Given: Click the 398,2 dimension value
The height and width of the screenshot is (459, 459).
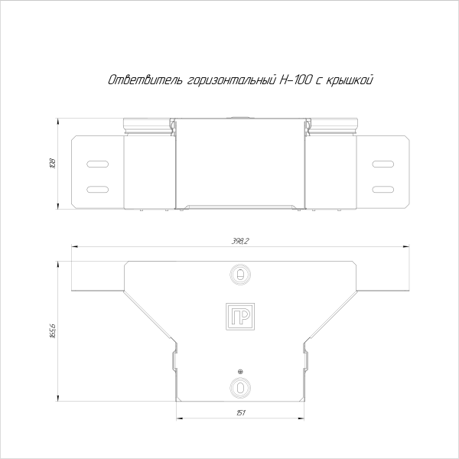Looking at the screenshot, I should [x=239, y=241].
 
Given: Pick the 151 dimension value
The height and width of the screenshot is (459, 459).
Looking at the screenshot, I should [x=240, y=413].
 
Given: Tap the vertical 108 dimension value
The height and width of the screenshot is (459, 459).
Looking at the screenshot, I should [x=53, y=163].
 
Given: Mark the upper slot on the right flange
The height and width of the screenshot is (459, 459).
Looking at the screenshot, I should [x=382, y=164].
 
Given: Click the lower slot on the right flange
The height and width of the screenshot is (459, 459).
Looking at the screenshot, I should [x=382, y=189].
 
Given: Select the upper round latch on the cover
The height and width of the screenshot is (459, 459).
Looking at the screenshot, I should [x=240, y=274].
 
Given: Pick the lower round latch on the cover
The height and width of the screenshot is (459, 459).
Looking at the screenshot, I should [x=240, y=386].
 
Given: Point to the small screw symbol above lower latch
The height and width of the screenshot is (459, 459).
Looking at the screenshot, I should [x=240, y=370].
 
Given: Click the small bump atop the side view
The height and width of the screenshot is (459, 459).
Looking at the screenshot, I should [x=240, y=118].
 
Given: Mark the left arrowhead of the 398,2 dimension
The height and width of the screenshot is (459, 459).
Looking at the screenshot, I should [x=74, y=246].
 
